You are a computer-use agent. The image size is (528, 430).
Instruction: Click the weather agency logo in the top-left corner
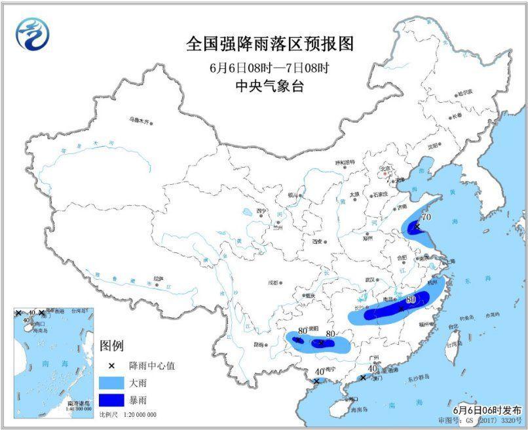click(33, 33)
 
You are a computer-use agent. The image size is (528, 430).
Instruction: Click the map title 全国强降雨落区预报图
click(270, 44)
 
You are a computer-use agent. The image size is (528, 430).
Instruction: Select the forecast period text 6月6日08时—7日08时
click(270, 67)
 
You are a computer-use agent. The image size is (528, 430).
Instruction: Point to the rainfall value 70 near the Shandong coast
click(426, 216)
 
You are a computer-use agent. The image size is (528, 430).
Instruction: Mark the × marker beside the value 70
click(417, 227)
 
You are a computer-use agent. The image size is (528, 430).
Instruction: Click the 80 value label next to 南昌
click(411, 300)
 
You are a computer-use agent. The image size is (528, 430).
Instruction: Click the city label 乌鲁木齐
click(140, 121)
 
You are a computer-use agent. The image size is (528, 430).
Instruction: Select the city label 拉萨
click(158, 278)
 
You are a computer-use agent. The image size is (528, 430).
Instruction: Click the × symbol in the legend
click(112, 366)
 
